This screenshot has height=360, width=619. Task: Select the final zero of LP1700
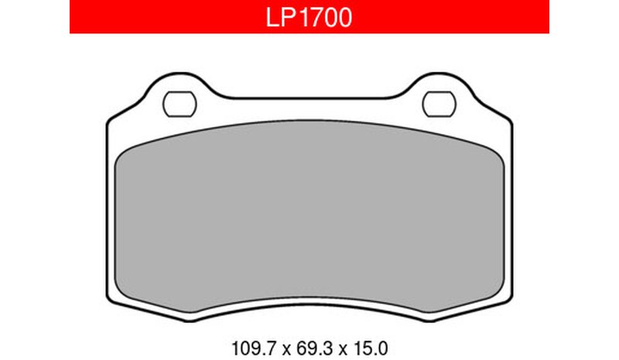click(344, 18)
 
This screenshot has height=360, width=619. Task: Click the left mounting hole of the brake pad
click(180, 104)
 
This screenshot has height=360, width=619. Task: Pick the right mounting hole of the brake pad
click(439, 104)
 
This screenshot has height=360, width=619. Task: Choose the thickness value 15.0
click(371, 348)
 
